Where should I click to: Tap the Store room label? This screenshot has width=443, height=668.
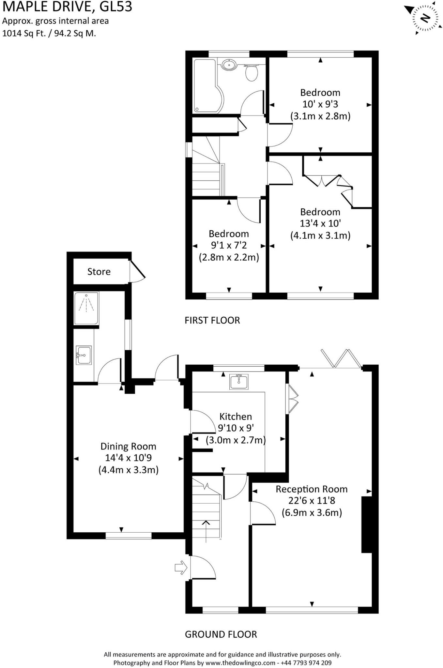click(99, 272)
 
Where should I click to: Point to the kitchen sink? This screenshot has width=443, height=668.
click(239, 382)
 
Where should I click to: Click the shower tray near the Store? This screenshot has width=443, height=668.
click(86, 308)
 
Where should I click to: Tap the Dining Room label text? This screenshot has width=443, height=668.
click(128, 446)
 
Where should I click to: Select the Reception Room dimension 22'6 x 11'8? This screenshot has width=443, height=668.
click(312, 500)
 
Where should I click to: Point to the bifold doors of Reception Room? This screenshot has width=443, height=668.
click(341, 358)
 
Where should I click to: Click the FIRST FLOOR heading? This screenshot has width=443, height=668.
click(212, 320)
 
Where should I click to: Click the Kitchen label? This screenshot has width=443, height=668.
click(236, 417)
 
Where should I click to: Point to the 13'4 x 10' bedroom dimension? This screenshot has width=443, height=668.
click(320, 223)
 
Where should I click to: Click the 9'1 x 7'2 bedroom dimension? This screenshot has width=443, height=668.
click(229, 245)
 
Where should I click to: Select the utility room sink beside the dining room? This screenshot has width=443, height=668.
click(84, 355)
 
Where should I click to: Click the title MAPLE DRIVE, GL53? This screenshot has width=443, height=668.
click(67, 7)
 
